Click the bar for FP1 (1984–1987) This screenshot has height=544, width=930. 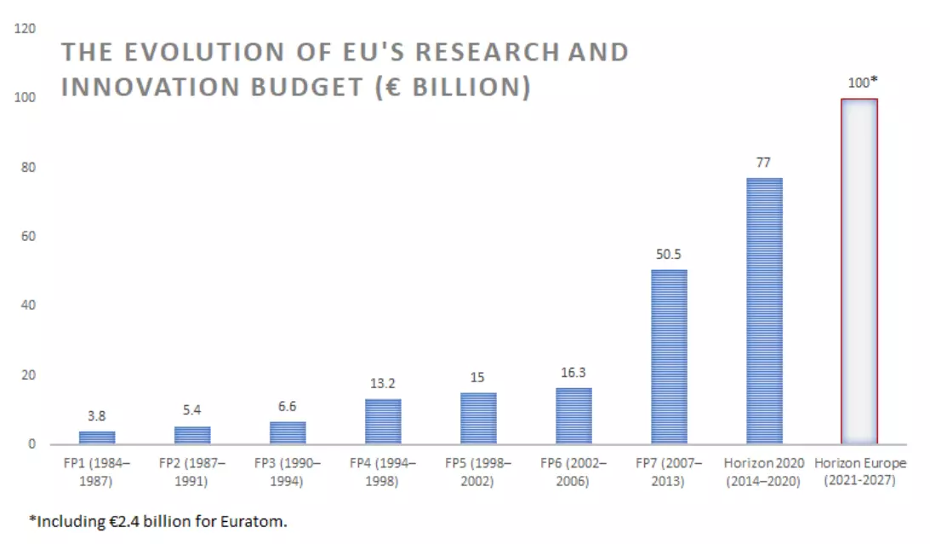(97, 438)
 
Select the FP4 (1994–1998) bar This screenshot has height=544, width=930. (383, 421)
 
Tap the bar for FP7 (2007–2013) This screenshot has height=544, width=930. (669, 357)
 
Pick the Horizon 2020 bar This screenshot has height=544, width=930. (764, 311)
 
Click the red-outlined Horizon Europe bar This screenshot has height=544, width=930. (859, 272)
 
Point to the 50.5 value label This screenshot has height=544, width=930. (669, 255)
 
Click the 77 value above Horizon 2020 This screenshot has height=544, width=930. (764, 163)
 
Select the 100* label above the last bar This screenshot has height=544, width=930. (861, 83)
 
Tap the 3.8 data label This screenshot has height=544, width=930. (97, 416)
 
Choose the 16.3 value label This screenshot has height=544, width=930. (573, 373)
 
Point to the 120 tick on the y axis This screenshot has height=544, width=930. (26, 29)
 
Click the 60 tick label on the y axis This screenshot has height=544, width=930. (29, 237)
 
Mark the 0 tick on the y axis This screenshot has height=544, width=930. (31, 444)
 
